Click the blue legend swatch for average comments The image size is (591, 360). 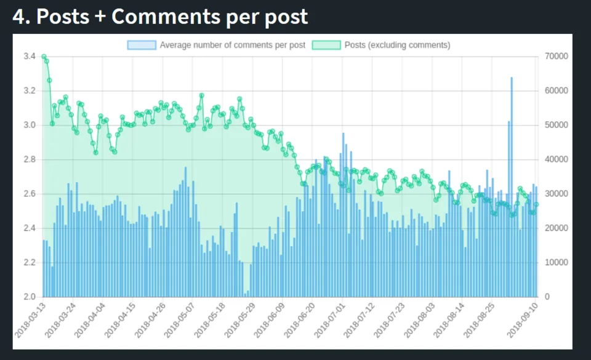tap(142, 45)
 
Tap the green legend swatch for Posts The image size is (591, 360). tap(326, 45)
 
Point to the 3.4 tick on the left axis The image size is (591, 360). tap(30, 57)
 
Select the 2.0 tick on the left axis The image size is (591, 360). tap(30, 297)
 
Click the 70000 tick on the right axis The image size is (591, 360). tap(557, 57)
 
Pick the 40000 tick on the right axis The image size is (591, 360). tap(557, 160)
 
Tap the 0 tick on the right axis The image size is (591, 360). tap(548, 297)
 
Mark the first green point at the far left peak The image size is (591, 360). tap(44, 57)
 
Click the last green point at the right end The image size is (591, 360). tap(537, 204)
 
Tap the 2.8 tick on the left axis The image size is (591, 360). tap(30, 160)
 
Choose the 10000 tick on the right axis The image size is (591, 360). tap(557, 263)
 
